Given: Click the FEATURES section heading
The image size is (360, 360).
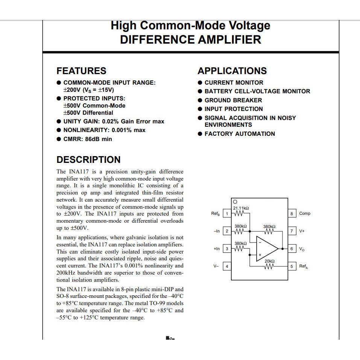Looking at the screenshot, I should tap(81, 71).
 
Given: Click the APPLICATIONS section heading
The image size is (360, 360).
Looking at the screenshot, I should tap(232, 71).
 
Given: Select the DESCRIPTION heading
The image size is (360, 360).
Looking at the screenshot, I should tap(88, 159).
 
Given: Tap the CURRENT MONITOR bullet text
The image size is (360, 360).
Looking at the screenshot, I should tap(234, 82).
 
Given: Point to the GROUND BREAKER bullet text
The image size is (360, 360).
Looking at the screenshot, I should tap(233, 100).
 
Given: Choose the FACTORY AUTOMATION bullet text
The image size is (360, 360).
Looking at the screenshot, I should tap(240, 134).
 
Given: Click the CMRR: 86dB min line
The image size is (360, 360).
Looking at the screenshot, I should tap(88, 139).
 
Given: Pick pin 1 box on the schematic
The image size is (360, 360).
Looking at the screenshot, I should tap(226, 214).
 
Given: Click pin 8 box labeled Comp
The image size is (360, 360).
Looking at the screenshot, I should tap(292, 214).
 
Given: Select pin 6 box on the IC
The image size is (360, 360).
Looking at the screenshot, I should tap(292, 249).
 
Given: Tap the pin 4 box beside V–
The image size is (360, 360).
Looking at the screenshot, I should tap(226, 266).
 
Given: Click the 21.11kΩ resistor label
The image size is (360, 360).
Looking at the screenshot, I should tap(241, 208).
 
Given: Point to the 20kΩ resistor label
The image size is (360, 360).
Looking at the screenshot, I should tap(270, 261).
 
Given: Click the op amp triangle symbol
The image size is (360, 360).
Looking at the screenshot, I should tap(266, 249).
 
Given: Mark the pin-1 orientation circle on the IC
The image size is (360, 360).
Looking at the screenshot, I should tap(235, 202).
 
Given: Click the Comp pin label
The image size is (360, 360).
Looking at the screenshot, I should tap(305, 214).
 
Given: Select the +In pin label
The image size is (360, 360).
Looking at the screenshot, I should tap(217, 249).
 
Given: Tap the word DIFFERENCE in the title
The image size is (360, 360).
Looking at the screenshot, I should tap(156, 39).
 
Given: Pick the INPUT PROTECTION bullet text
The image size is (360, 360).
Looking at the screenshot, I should tap(234, 109).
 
